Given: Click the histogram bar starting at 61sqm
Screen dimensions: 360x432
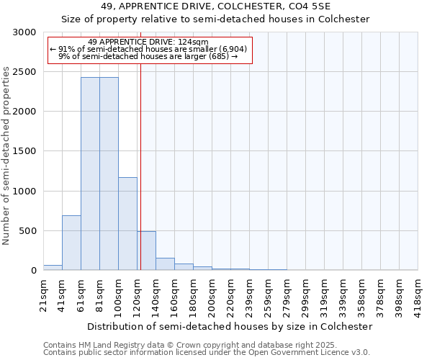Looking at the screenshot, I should coord(90,174).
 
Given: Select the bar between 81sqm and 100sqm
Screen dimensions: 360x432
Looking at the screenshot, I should coord(109,174).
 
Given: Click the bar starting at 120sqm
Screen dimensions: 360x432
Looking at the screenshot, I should coord(146,251).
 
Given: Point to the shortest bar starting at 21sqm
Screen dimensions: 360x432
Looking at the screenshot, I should coord(53,267).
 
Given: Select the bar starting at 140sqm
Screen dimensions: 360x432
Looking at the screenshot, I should coord(165,264).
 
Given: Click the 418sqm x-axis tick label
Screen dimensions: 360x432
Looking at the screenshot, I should coord(418,294).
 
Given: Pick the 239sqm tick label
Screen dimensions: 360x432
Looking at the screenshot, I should coord(249,294).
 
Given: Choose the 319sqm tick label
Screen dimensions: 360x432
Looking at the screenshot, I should coord(324,294).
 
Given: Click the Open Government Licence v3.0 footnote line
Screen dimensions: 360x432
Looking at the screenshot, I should coord(207,353).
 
